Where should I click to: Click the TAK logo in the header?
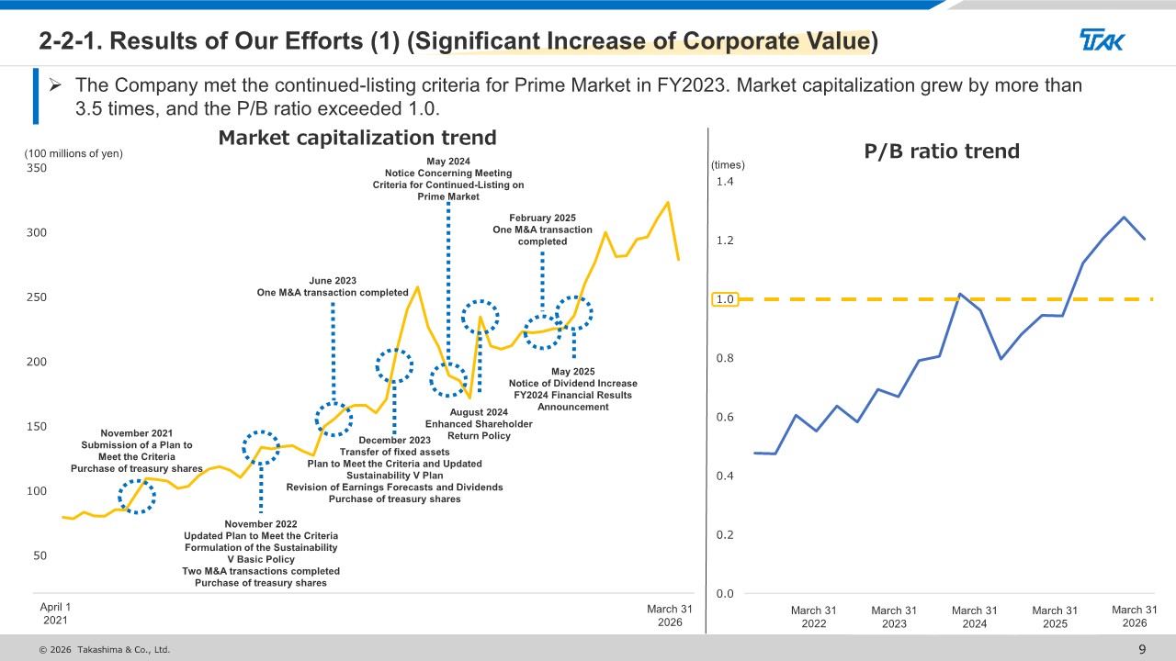[1102, 39]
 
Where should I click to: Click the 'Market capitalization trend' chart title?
[357, 138]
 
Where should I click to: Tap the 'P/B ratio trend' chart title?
[942, 151]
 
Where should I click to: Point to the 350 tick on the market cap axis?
[36, 168]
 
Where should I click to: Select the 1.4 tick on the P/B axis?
[725, 182]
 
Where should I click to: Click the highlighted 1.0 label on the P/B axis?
[725, 299]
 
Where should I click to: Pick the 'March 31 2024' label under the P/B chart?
[974, 617]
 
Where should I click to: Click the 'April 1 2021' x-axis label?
[55, 613]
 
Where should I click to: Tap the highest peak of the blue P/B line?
[1124, 217]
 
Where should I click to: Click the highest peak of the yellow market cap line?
[668, 203]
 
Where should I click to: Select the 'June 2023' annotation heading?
[333, 281]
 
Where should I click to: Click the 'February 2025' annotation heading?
[542, 218]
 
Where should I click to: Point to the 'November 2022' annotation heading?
[261, 524]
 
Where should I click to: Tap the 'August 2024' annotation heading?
[479, 412]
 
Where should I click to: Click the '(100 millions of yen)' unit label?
[73, 153]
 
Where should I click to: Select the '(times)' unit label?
[728, 164]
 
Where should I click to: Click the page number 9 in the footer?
[1142, 649]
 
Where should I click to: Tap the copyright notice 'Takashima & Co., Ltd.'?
[124, 649]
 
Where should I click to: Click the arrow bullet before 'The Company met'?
[55, 85]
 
